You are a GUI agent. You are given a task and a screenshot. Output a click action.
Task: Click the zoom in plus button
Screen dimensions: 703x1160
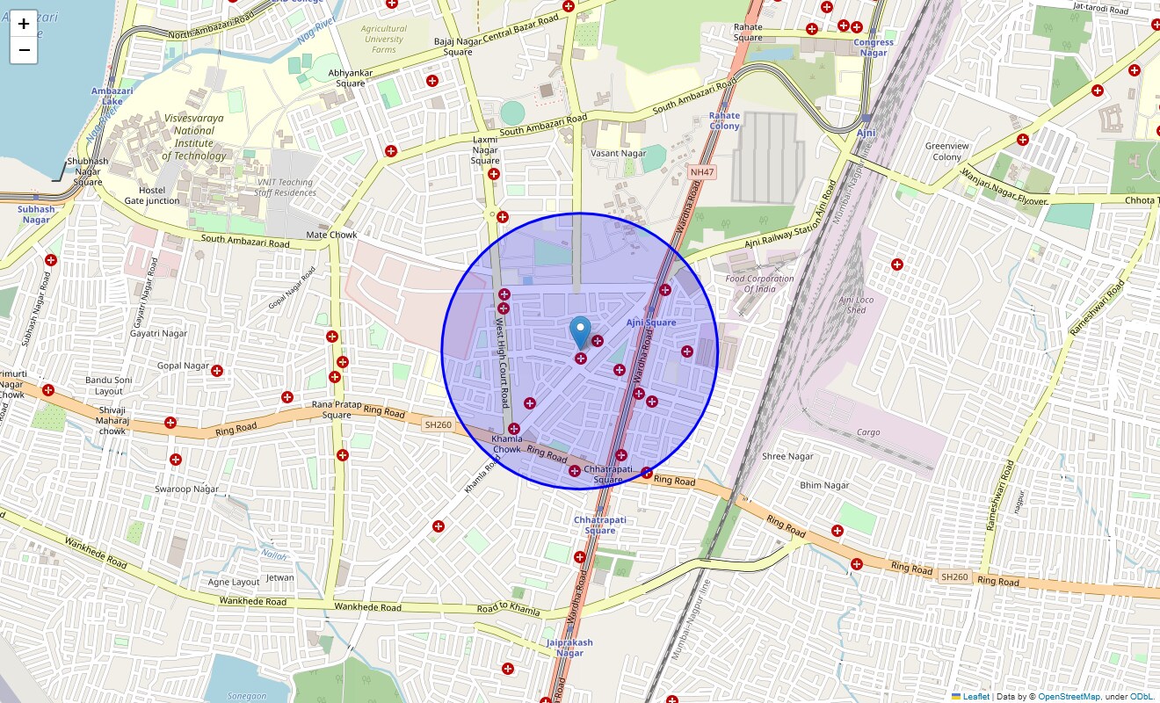point(24,25)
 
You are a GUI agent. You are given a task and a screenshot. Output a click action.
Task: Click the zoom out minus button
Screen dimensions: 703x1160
point(24,50)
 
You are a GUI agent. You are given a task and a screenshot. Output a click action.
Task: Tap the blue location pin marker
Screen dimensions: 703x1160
point(580,333)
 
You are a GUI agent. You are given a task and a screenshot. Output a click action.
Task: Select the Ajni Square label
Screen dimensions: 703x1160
point(651,323)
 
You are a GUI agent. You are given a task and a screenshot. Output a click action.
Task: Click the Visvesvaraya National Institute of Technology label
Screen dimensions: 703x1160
point(193,136)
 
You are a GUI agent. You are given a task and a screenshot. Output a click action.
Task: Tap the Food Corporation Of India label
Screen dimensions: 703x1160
point(759,284)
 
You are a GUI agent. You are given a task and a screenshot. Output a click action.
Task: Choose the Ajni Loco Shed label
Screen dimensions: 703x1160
point(858,305)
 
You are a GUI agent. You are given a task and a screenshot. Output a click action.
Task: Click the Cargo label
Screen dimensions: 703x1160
point(868,432)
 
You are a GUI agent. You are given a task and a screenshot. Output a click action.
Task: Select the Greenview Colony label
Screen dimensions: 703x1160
point(946,151)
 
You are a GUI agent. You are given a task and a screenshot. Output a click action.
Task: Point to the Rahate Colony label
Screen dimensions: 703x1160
point(724,120)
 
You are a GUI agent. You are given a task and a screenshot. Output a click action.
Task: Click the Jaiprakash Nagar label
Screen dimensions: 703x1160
point(569,648)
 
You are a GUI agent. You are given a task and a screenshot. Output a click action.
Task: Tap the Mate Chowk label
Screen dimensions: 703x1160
point(331,235)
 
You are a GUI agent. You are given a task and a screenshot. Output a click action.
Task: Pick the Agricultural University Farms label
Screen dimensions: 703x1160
point(384,39)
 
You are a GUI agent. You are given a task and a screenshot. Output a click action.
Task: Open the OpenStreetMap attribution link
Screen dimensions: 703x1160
point(1069,697)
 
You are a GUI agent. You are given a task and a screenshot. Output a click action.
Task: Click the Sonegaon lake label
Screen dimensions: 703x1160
point(247,696)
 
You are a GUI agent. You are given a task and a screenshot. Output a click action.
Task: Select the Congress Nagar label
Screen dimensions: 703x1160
point(873,47)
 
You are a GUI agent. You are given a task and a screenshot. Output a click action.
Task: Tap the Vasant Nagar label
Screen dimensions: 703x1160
point(619,154)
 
